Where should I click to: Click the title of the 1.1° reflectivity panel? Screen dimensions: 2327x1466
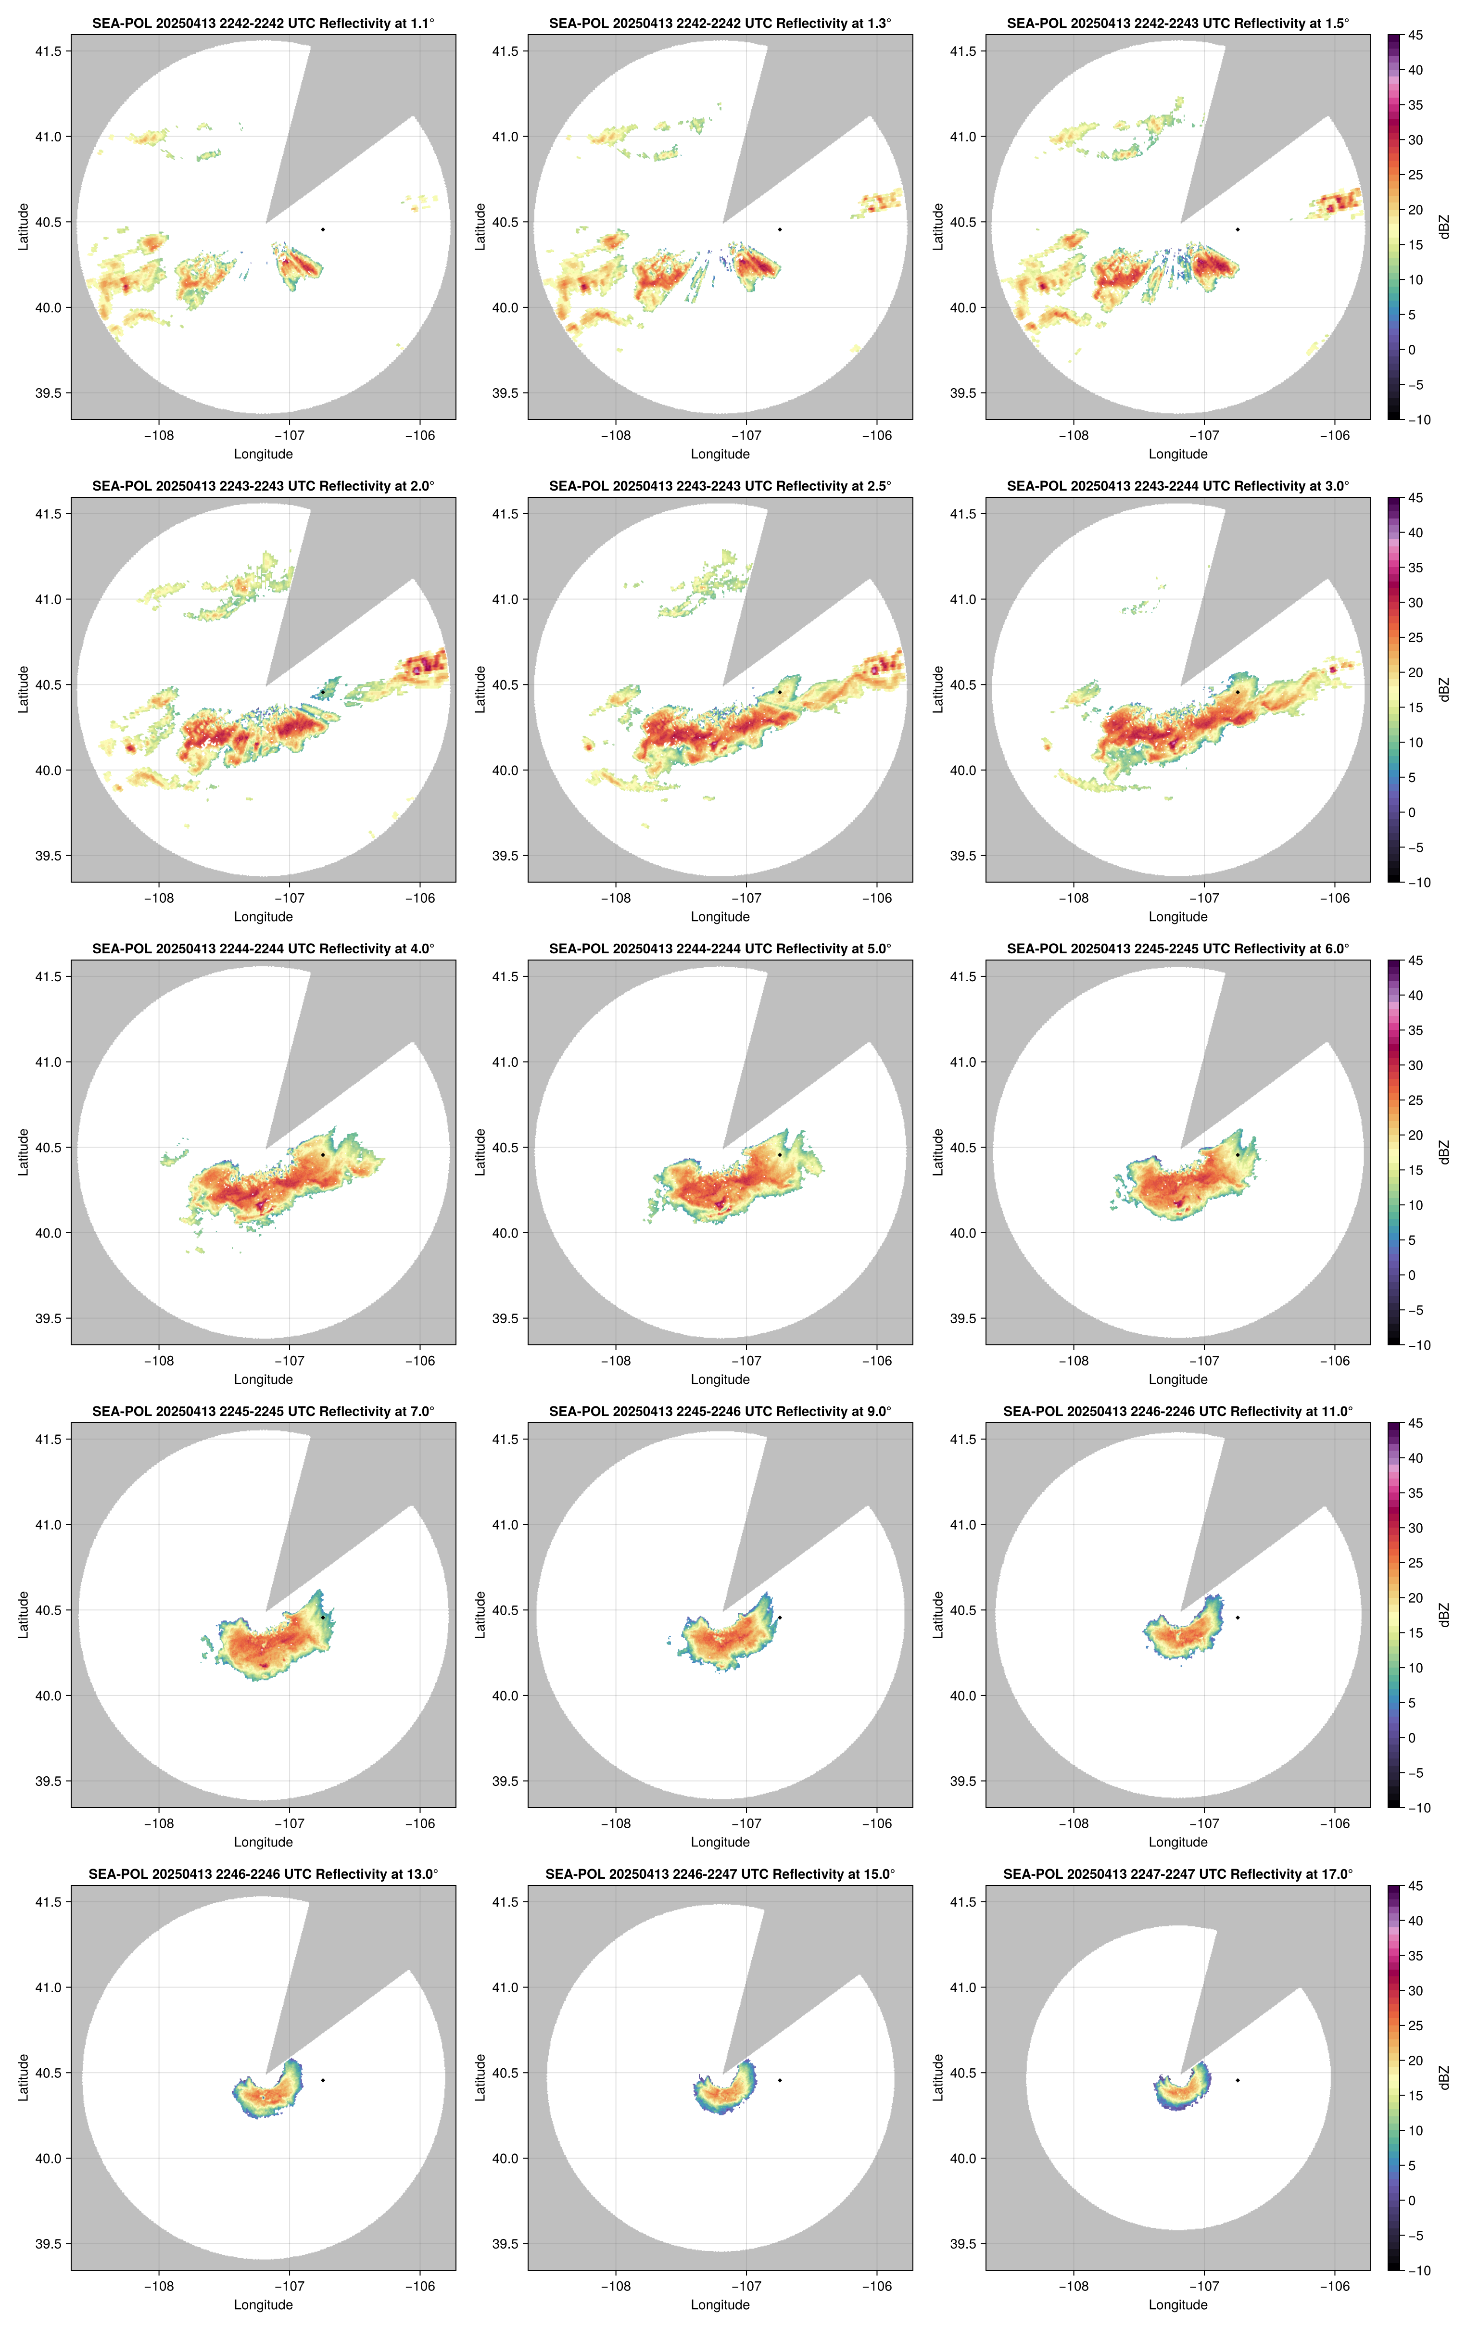coord(263,23)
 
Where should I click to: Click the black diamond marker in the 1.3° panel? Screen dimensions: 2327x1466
coord(780,229)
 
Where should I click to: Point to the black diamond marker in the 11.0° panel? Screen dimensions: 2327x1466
coord(1237,1618)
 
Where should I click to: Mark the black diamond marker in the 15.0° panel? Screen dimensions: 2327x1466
coord(780,2080)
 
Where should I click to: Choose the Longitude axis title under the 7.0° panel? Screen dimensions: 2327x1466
coord(263,1842)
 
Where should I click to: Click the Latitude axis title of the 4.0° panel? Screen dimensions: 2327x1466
coord(23,1152)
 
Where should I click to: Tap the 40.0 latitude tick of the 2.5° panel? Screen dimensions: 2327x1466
coord(506,770)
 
